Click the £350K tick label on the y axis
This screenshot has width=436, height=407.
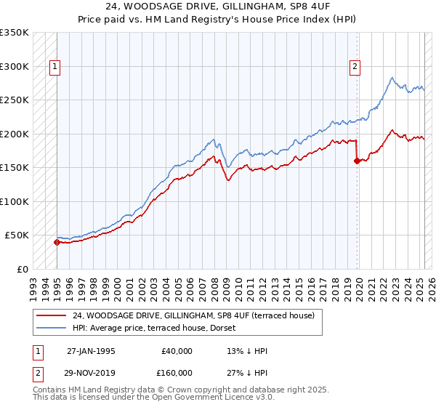[x=15, y=33]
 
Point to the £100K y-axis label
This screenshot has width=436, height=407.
[x=15, y=201]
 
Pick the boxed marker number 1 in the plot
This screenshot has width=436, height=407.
[x=55, y=68]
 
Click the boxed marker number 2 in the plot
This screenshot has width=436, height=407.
[x=355, y=68]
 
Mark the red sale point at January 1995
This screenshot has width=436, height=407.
[x=57, y=243]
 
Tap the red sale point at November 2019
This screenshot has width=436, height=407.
[x=357, y=161]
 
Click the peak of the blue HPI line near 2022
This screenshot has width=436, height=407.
[x=392, y=78]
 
